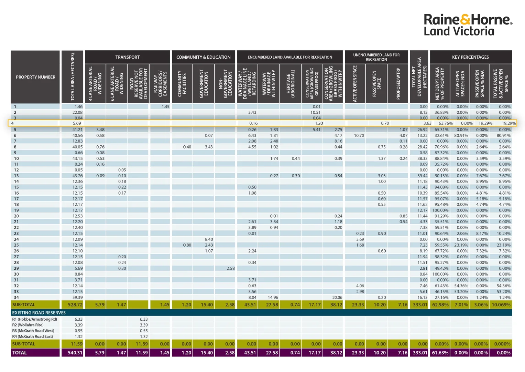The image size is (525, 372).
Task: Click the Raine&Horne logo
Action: click(468, 25)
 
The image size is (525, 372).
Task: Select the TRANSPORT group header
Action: click(127, 57)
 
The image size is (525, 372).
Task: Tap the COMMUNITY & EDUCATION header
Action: click(203, 57)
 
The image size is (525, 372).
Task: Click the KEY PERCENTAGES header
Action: click(470, 57)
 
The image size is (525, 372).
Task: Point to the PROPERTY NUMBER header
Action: click(35, 77)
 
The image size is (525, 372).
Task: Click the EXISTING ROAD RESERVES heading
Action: click(39, 313)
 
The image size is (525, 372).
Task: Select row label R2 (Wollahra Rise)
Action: click(28, 325)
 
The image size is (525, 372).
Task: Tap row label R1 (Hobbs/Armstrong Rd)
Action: click(34, 319)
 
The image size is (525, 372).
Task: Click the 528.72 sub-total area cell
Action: click(75, 304)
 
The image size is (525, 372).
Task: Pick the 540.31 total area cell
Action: click(75, 353)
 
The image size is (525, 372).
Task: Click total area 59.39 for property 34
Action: click(77, 297)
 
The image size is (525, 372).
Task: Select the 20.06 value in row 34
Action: click(337, 297)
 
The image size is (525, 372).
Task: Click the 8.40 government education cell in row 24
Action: click(209, 239)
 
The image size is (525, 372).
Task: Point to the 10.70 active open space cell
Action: click(359, 135)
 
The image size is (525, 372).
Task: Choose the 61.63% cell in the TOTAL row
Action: click(440, 353)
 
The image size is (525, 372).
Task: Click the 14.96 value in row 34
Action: click(273, 297)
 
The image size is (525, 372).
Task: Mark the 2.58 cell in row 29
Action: click(230, 268)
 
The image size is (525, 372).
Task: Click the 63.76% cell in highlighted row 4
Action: click(445, 123)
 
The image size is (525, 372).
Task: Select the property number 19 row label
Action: click(16, 210)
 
